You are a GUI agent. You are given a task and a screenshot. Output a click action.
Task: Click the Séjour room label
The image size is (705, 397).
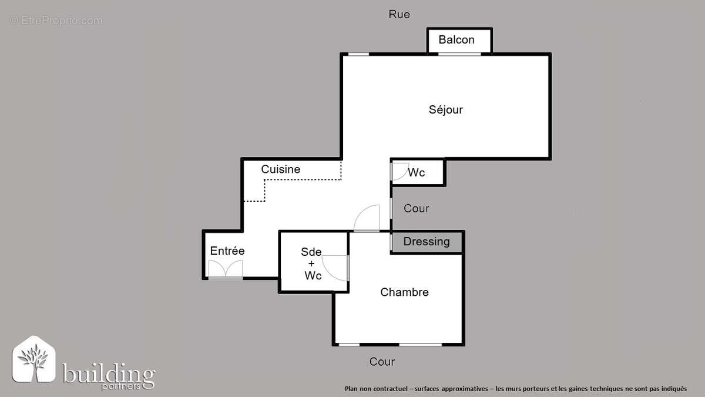point(445,109)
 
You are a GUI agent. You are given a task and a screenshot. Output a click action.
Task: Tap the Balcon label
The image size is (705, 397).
point(456,40)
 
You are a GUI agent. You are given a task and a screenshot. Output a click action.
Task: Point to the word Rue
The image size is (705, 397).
point(399,14)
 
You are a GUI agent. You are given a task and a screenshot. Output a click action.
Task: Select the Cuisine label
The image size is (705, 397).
point(280,169)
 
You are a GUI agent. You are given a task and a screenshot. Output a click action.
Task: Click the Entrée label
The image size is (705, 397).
point(227,251)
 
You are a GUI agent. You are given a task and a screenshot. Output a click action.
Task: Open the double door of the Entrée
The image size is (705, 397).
point(226,269)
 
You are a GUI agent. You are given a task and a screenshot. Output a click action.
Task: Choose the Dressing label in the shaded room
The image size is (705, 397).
point(427,242)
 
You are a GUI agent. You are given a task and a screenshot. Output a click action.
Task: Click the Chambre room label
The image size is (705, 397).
point(404,292)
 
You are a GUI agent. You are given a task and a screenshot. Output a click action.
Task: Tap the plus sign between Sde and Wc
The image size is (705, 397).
point(311,263)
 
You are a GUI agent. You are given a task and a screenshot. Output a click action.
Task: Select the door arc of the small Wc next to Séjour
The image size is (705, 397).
point(399,171)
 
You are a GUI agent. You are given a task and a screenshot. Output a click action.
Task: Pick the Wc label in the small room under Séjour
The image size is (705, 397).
point(417,173)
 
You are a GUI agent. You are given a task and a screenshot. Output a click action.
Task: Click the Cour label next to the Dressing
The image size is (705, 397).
point(416,209)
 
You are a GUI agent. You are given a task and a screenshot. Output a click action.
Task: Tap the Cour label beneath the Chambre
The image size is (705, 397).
point(382,362)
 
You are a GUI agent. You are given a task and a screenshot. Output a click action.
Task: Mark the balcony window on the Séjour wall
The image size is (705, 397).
point(459,54)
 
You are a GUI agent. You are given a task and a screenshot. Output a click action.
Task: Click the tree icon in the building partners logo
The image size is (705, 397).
point(34,362)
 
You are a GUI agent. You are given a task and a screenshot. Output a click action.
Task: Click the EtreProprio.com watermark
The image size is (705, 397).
point(56,21)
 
